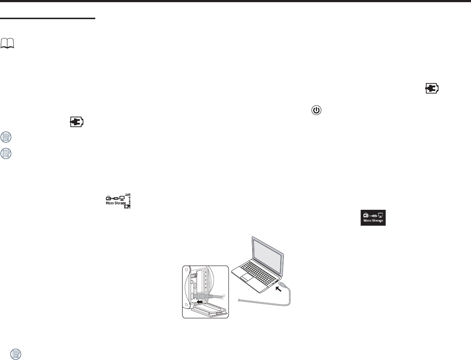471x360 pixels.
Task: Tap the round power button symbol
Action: tap(316, 110)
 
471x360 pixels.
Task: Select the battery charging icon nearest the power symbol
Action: tap(432, 88)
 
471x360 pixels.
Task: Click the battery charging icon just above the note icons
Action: tap(76, 122)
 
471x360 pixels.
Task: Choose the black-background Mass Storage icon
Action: tap(373, 218)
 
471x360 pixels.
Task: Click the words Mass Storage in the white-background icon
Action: tap(116, 203)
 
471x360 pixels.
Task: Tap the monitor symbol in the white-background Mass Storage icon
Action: tap(122, 198)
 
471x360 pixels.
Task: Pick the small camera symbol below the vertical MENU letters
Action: tap(127, 207)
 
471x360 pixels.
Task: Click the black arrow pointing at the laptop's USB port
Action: tap(279, 289)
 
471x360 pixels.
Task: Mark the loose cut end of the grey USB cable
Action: tap(240, 300)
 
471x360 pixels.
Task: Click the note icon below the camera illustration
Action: tap(16, 354)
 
